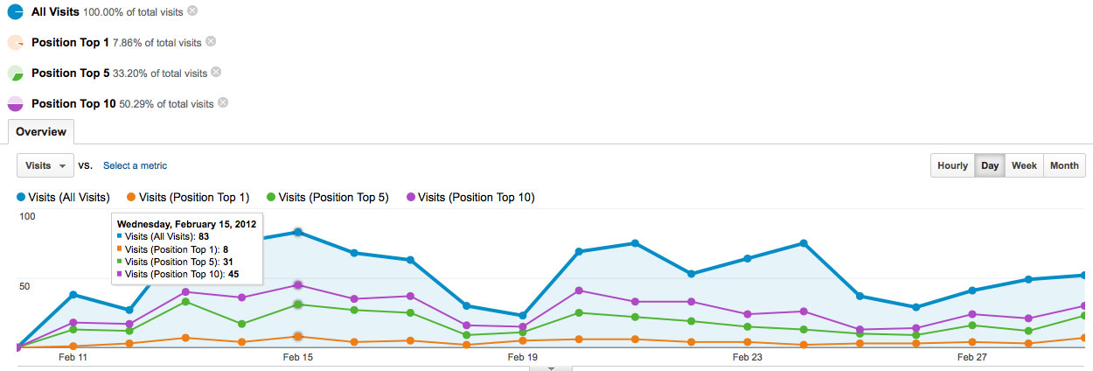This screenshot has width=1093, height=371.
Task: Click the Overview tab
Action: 41,132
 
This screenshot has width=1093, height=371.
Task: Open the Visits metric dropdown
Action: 45,165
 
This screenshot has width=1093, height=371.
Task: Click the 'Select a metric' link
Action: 136,165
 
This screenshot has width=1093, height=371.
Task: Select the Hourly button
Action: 952,165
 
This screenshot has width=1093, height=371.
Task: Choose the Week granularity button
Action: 1024,165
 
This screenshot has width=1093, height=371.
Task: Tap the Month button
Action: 1064,165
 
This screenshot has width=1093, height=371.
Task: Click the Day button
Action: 990,165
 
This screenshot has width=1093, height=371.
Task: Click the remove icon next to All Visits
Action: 192,10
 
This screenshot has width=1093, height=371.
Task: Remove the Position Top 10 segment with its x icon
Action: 223,102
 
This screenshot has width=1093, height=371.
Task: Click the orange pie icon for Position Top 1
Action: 16,43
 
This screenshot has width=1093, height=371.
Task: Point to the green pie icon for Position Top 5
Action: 16,73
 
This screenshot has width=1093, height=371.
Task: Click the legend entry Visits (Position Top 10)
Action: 471,197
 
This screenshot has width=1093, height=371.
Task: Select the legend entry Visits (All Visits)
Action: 64,197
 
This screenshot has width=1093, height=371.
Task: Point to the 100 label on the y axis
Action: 27,216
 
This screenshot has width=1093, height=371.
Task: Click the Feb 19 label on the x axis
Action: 523,357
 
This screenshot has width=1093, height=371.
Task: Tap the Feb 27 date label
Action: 972,357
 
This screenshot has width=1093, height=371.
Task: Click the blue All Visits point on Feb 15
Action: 298,233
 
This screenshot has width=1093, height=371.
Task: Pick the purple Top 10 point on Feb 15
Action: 298,285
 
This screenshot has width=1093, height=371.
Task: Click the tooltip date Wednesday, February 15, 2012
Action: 187,224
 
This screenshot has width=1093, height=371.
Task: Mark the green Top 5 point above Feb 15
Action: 298,304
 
